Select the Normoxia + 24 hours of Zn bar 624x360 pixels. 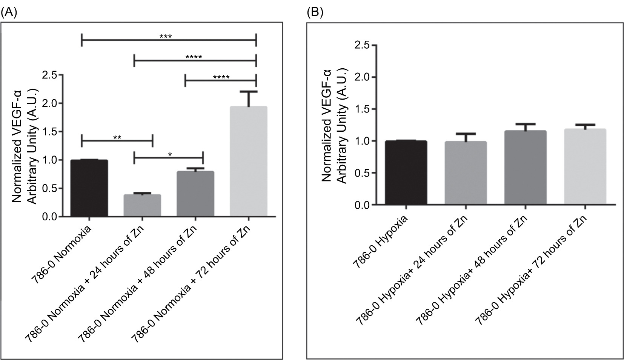click(x=142, y=205)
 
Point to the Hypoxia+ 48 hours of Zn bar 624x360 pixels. click(x=525, y=168)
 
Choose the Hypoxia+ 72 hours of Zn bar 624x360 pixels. click(x=584, y=167)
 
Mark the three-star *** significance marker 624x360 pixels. click(x=165, y=37)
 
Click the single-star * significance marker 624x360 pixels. click(x=170, y=154)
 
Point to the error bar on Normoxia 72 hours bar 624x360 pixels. click(x=248, y=98)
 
